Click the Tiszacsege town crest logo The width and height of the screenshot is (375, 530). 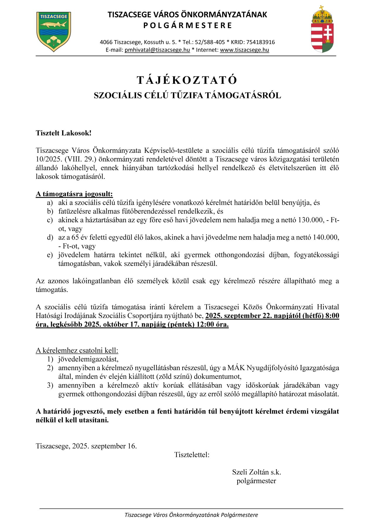coord(54,32)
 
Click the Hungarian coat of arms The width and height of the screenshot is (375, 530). coord(322,29)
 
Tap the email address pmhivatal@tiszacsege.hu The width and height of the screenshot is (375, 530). coord(157,50)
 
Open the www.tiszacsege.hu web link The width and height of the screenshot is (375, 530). coord(244,50)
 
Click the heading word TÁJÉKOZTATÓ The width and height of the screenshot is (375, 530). coord(187,80)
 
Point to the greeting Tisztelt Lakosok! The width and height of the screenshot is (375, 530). coord(64,133)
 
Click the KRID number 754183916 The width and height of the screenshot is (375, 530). coord(260,42)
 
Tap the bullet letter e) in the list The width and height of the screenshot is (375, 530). coord(50,255)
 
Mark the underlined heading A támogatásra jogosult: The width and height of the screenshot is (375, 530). coord(74,194)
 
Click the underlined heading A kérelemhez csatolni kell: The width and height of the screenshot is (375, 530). coord(77,351)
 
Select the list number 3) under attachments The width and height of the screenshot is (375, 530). coord(50,385)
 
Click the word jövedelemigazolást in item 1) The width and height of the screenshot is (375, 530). coord(88,359)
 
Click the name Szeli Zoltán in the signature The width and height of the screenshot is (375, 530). coord(250,472)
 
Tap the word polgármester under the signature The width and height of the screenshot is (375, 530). coord(256,481)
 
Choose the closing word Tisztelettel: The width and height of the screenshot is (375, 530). coord(192,455)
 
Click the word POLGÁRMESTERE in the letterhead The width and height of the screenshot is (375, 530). coord(187,25)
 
